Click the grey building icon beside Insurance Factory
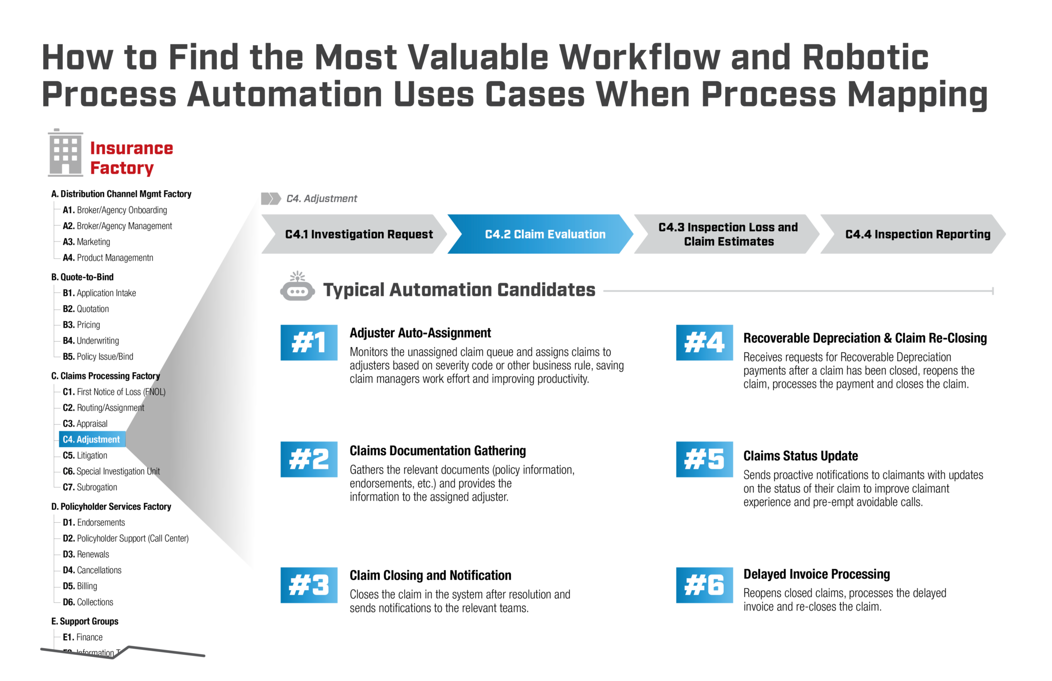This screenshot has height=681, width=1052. coord(65,153)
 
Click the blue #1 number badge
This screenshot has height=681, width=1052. coord(309,343)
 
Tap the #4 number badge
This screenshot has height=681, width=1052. coord(704,343)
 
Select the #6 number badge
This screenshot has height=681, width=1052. coord(704,585)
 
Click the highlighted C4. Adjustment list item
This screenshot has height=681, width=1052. coord(91,439)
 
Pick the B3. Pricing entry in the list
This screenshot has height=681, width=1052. coord(82,325)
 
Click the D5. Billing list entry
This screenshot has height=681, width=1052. coord(80,586)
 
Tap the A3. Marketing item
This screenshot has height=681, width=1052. coord(86,242)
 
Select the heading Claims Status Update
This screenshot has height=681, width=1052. coord(800,456)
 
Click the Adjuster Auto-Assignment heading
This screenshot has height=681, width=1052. coord(420,333)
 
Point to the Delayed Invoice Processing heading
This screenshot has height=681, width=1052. coord(816,574)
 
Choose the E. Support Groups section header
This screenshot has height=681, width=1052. coord(85,621)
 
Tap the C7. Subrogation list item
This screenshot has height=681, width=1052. coord(90,487)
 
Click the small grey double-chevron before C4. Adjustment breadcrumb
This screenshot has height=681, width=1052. coord(271,198)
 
